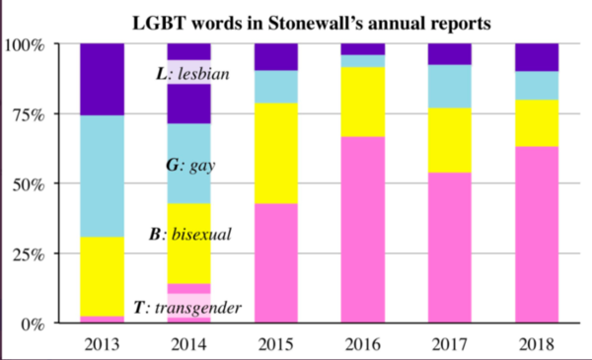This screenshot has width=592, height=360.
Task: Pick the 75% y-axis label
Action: (30, 114)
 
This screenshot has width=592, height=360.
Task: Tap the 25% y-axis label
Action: (30, 253)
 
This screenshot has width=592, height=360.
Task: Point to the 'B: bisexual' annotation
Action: (189, 235)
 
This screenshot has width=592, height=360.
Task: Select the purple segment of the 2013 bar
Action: (103, 79)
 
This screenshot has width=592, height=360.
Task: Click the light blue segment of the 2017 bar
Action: (449, 86)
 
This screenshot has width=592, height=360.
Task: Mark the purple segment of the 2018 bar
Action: (536, 57)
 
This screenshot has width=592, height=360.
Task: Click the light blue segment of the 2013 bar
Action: (103, 176)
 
